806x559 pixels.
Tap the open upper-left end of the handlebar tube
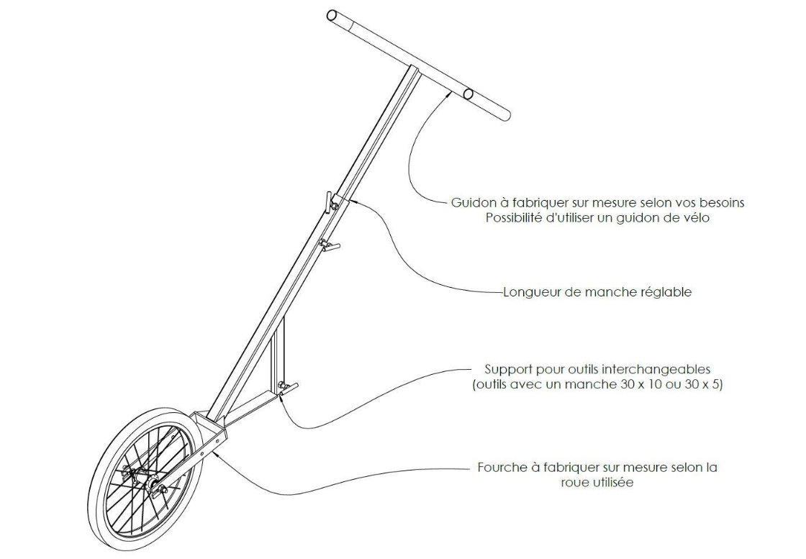coord(332,15)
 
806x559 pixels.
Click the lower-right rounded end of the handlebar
coord(504,114)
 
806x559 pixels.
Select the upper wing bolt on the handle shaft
coord(330,202)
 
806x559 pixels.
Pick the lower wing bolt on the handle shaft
coord(328,246)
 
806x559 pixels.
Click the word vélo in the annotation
coord(695,218)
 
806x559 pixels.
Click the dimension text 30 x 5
coord(702,385)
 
